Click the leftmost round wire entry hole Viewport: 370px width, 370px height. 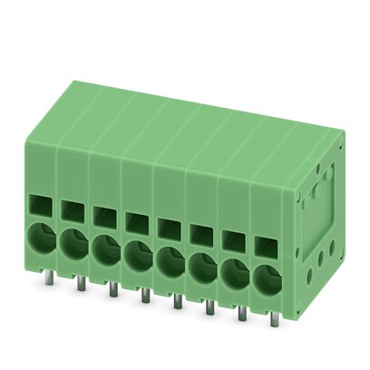point(42,239)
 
